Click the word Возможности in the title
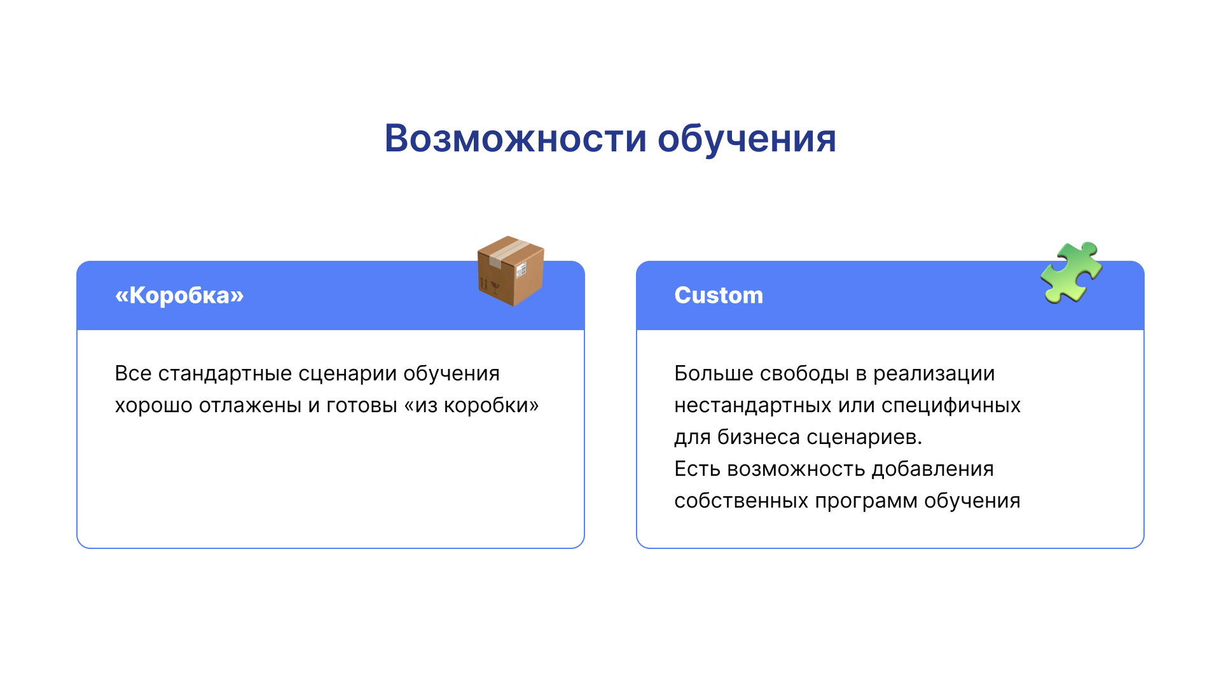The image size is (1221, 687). [x=516, y=138]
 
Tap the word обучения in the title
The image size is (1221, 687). [x=747, y=139]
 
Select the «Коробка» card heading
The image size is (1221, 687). [x=179, y=295]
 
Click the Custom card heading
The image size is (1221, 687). [x=719, y=295]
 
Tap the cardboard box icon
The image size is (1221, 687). [x=511, y=271]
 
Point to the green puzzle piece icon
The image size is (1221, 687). [x=1072, y=272]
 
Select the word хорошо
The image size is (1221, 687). [x=153, y=406]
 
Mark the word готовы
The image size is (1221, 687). [x=362, y=406]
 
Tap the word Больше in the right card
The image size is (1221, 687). [x=714, y=373]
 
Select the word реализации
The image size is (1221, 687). [x=934, y=374]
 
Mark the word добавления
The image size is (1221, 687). [x=933, y=469]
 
